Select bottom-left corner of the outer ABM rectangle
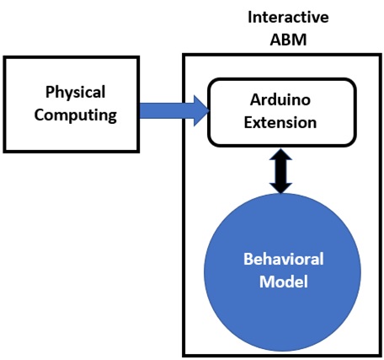click(184, 355)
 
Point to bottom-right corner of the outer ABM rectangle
click(375, 355)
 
